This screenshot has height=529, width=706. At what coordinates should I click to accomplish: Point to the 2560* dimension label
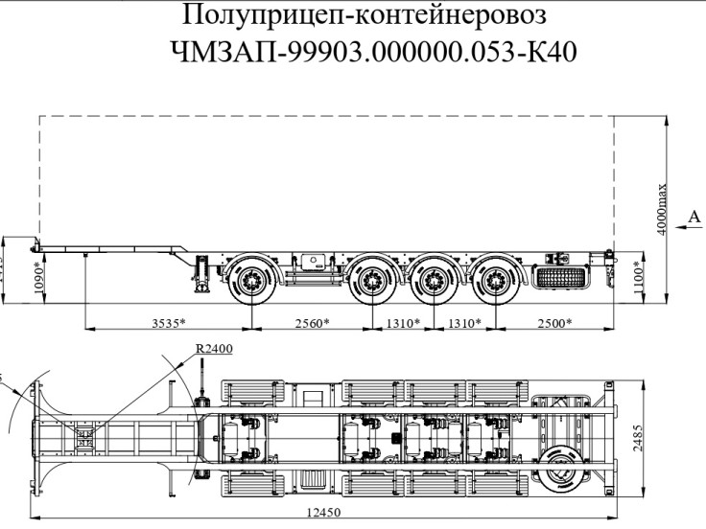308,322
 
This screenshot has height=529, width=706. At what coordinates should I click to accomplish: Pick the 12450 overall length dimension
323,513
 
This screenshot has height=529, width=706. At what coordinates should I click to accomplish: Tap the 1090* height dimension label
37,278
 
